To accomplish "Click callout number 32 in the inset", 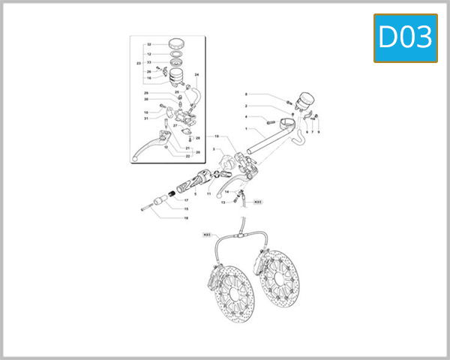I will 149,45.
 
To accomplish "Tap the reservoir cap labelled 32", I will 178,42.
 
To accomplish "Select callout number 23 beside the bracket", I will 139,64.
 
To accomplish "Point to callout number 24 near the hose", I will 197,76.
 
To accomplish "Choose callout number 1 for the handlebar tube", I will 245,128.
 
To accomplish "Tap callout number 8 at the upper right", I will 246,94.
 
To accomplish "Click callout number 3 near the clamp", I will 213,150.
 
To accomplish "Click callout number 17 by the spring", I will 186,201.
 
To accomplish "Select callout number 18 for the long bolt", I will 186,217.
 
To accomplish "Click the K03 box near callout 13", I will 256,202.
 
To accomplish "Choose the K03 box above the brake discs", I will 208,235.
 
